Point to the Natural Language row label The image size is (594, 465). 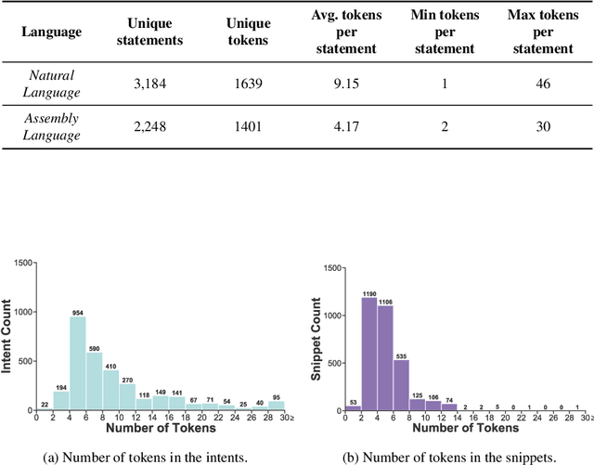click(51, 84)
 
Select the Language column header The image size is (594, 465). click(51, 32)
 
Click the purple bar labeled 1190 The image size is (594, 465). click(369, 354)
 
